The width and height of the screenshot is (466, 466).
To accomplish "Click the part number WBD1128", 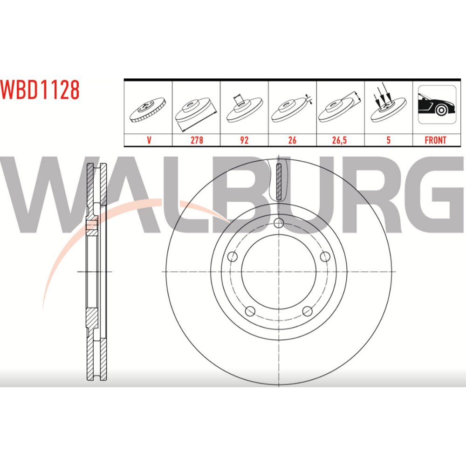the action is [40, 89].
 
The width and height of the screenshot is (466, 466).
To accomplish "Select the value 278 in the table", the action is [197, 140].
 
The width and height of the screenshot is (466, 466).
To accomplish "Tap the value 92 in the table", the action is [244, 140].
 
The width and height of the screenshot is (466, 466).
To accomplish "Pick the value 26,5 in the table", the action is [339, 140].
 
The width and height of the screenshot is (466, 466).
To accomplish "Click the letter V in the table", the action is [149, 140].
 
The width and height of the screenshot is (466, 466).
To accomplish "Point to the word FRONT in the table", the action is [435, 140].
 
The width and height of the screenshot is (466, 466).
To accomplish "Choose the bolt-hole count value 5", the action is [388, 140].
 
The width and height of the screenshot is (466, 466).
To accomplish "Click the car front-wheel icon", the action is [437, 104].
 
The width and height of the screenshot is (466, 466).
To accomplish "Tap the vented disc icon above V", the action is [148, 109].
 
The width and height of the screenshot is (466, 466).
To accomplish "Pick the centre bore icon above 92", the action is [244, 108].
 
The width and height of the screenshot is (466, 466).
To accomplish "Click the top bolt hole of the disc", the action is [279, 223].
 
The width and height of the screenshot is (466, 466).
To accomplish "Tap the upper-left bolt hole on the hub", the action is [232, 256].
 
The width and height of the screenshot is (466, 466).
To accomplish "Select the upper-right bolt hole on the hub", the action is [325, 256].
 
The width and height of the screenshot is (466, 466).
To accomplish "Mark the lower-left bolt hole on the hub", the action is [250, 311].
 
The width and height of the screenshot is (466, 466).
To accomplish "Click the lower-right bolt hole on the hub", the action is [307, 311].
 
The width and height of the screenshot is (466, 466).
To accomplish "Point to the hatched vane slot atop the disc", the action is [279, 182].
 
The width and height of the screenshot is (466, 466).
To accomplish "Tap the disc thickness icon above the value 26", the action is [292, 109].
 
